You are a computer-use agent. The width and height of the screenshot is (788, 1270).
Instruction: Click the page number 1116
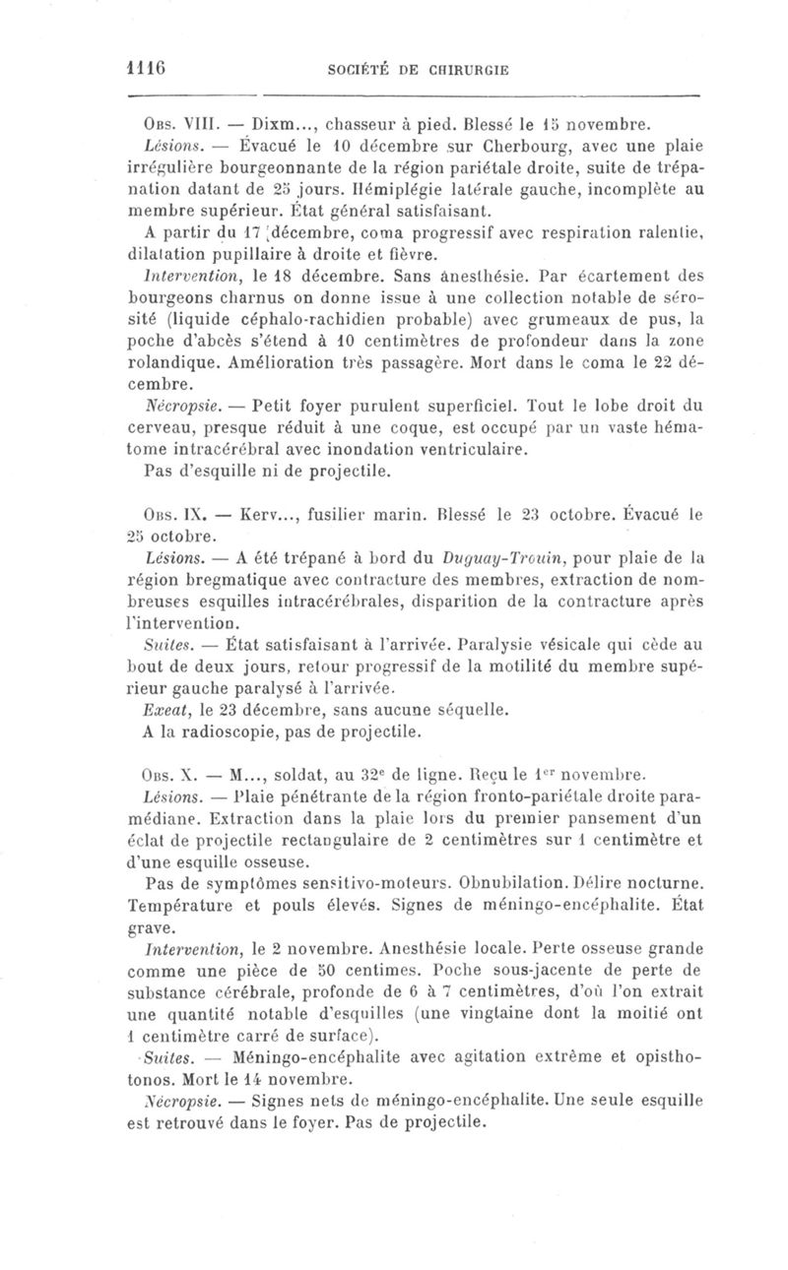pos(146,70)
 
